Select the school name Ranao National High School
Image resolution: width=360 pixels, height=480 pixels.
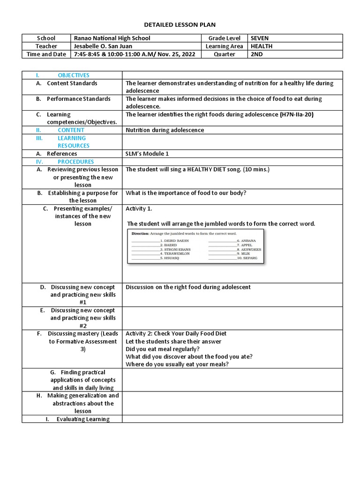pos(112,38)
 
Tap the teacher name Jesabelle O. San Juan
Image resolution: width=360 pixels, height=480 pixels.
pos(103,46)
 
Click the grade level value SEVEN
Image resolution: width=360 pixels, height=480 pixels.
pos(260,38)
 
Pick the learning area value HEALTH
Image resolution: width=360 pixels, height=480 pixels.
pos(261,46)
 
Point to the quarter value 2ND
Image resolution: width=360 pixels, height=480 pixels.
pos(257,54)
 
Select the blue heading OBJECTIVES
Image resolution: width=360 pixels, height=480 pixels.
pos(73,75)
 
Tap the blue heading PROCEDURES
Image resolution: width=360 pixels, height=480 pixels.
pos(75,161)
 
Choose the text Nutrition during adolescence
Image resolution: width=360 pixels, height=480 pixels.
pos(165,130)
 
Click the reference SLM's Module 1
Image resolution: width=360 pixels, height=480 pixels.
pos(147,153)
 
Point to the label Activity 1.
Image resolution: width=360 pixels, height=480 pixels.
pos(139,209)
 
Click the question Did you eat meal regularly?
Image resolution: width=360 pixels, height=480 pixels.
pos(163,349)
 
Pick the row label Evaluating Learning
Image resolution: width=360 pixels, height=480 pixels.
pos(83,419)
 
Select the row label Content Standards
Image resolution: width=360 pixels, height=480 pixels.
pos(72,83)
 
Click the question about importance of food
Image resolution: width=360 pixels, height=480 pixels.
pos(185,193)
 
